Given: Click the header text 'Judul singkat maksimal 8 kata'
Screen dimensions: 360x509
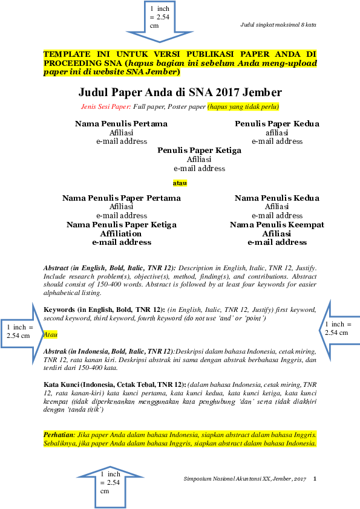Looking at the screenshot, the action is [x=278, y=25].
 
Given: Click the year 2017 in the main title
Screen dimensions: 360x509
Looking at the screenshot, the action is [x=227, y=92].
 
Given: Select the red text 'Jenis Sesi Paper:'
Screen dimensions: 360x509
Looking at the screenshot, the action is [x=106, y=106].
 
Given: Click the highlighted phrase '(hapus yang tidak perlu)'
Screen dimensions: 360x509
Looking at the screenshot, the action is [x=243, y=106].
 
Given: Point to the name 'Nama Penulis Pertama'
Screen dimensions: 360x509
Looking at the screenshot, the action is [x=121, y=124].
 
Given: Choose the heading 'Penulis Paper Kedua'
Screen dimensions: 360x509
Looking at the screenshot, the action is [x=277, y=124].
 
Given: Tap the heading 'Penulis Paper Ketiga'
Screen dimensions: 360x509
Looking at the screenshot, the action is [x=200, y=151].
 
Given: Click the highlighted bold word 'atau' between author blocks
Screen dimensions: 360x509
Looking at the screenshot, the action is [x=180, y=183].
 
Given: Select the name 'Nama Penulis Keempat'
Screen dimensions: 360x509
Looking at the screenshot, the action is [x=277, y=225].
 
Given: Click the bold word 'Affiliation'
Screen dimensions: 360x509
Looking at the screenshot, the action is [x=121, y=234].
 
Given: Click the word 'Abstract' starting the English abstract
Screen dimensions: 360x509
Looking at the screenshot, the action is [x=56, y=268].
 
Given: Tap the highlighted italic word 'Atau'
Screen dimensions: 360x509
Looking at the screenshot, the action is [x=50, y=335].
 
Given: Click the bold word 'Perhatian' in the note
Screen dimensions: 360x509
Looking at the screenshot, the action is [x=59, y=435].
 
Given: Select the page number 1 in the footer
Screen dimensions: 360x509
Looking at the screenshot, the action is [x=315, y=479].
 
